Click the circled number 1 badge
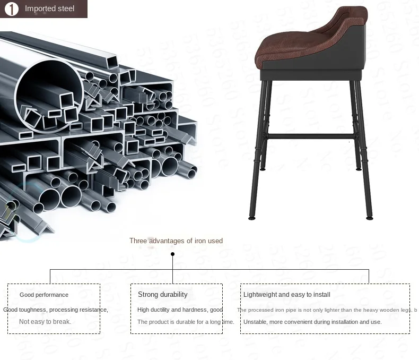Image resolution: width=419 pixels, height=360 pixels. pyautogui.click(x=12, y=9)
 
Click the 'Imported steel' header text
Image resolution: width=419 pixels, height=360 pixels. pyautogui.click(x=50, y=9)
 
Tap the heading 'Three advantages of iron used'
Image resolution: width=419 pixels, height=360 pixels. pyautogui.click(x=176, y=241)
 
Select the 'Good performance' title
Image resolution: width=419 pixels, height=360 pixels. pyautogui.click(x=44, y=295)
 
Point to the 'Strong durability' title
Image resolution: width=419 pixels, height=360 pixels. pyautogui.click(x=162, y=295)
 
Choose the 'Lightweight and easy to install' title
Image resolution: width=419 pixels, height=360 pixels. pyautogui.click(x=286, y=295)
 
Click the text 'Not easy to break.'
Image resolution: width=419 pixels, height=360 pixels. pyautogui.click(x=45, y=322)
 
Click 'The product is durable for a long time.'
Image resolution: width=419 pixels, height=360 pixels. pyautogui.click(x=186, y=322)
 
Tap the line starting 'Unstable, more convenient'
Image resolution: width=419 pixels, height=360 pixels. pyautogui.click(x=312, y=322)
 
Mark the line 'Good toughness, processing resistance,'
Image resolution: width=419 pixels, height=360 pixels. pyautogui.click(x=56, y=310)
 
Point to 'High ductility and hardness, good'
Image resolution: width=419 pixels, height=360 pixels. pyautogui.click(x=180, y=310)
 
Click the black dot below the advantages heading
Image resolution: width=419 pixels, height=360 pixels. pyautogui.click(x=172, y=254)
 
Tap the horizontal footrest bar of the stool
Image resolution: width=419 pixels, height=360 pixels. pyautogui.click(x=311, y=136)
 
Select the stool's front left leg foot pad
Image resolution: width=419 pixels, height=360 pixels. pyautogui.click(x=253, y=217)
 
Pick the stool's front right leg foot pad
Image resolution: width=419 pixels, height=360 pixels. pyautogui.click(x=369, y=217)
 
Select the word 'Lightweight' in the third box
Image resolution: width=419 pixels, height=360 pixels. pyautogui.click(x=260, y=295)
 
